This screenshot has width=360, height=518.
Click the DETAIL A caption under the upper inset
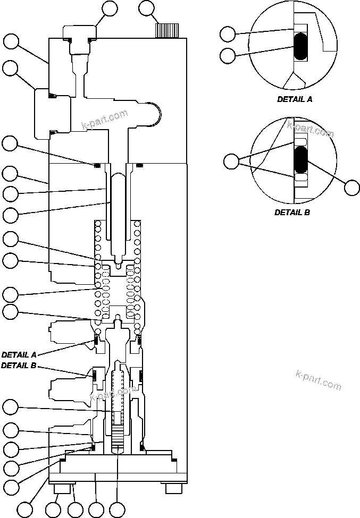(x=295, y=99)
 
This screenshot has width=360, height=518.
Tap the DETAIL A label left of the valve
(x=19, y=354)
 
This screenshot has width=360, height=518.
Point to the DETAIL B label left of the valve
(x=19, y=366)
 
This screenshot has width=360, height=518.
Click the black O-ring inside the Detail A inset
(x=302, y=46)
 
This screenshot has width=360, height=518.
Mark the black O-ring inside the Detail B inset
(x=301, y=159)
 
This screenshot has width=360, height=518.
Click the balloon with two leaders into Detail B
(x=231, y=161)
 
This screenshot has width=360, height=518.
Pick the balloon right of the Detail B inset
(x=351, y=188)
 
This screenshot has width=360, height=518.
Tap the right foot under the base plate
(x=172, y=488)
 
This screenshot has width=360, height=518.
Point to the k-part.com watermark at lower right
(x=317, y=380)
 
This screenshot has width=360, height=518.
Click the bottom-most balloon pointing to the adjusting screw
(x=116, y=509)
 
